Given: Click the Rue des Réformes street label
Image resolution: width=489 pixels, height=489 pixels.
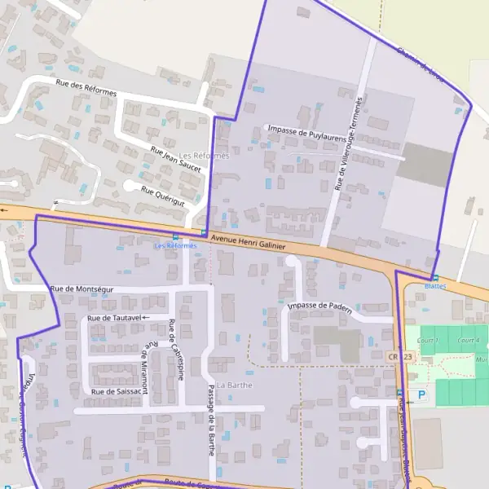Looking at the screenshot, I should point(86,87).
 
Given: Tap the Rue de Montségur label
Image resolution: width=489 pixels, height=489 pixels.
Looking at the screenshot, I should point(81,289).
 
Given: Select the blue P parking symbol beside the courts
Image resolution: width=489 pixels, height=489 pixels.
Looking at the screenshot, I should point(421,395).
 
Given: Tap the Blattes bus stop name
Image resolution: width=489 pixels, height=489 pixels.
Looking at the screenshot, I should point(436,286).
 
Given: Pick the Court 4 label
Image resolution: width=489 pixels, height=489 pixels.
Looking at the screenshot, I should point(468,340).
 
